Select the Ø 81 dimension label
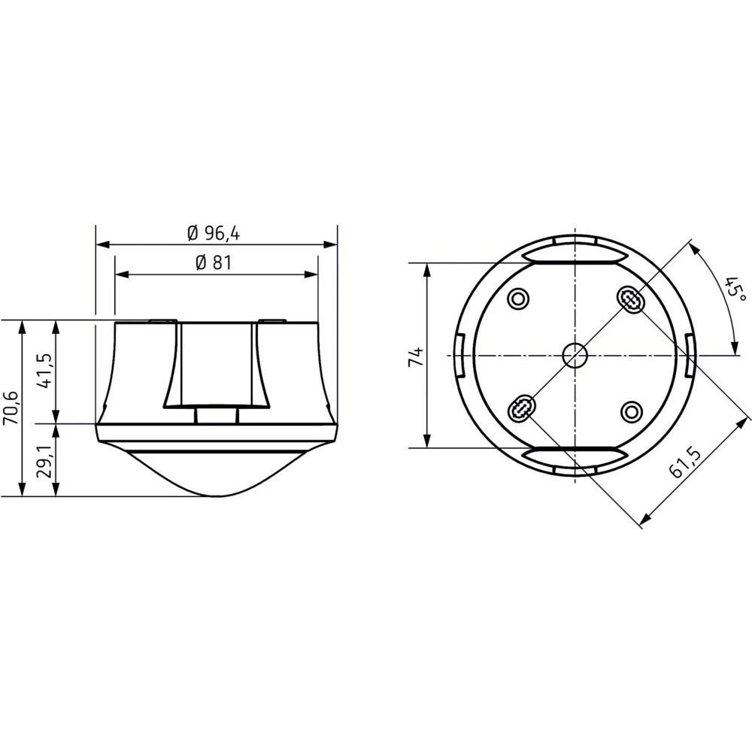[x=213, y=264]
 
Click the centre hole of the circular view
[x=575, y=355]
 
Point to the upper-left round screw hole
[x=517, y=299]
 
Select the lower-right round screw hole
[x=631, y=410]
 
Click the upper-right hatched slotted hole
[x=630, y=300]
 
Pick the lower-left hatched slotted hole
[x=519, y=410]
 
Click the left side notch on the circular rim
[x=460, y=355]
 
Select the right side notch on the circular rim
[x=689, y=355]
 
